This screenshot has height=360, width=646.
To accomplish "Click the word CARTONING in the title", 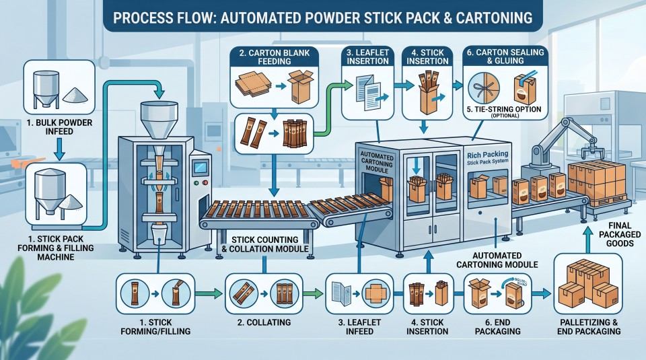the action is pos(494,17).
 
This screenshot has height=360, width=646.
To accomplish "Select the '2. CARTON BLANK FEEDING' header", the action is pos(275,57).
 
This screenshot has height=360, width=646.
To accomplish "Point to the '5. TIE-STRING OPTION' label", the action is pos(504,110).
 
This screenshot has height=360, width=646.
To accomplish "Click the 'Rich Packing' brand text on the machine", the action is pos(488,155).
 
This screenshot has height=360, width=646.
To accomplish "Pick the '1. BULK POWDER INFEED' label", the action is pos(59,127).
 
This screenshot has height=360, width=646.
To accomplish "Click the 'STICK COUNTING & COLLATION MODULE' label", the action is pos(265,244).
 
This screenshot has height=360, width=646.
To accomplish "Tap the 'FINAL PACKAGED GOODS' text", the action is pos(620,234).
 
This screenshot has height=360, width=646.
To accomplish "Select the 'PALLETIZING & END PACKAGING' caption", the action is pos(589,326).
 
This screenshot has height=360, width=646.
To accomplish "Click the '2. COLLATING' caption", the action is pos(264,322).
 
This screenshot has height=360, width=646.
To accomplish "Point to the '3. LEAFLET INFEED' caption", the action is pos(359,326).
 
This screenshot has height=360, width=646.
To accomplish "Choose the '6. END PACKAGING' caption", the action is pos(498,326).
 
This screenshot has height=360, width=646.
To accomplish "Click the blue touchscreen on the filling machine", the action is pos(201,167).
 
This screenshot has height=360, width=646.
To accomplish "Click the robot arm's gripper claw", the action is pos(597,153).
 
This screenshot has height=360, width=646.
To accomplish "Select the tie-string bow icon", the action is pos(484,89).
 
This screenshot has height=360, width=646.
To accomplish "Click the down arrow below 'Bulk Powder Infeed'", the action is pos(59,149).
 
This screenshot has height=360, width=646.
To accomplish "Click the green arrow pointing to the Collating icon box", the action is pos(209,293).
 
